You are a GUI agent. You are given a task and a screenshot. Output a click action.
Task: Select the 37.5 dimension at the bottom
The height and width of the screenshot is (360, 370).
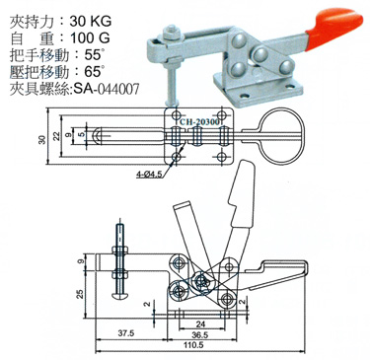click(125, 332)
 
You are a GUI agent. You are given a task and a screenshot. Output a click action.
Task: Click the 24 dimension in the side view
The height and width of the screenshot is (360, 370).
click(201, 321)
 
